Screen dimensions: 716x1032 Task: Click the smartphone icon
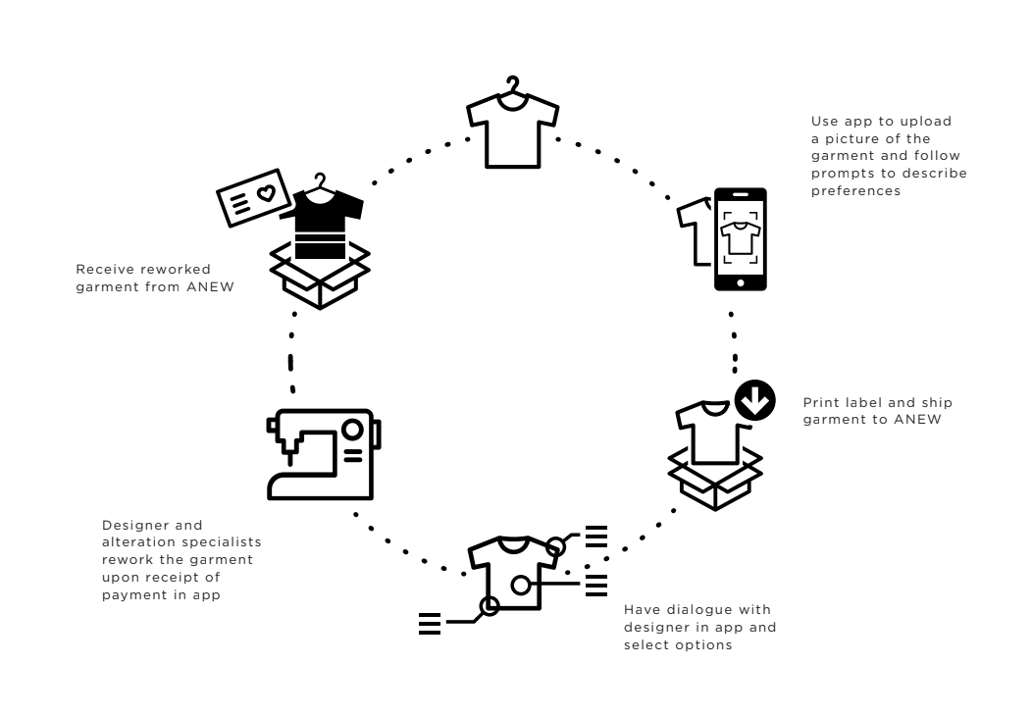pyautogui.click(x=740, y=238)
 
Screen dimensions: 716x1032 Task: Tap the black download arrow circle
pyautogui.click(x=755, y=401)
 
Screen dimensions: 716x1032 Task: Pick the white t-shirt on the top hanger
pyautogui.click(x=512, y=129)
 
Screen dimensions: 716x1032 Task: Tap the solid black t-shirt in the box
pyautogui.click(x=321, y=220)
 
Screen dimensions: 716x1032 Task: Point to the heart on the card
pyautogui.click(x=266, y=193)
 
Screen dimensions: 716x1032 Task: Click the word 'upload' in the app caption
pyautogui.click(x=929, y=122)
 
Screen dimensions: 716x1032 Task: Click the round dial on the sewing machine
pyautogui.click(x=350, y=429)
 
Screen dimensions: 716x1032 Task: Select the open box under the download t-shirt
pyautogui.click(x=715, y=479)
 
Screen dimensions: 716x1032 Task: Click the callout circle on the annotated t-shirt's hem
pyautogui.click(x=488, y=606)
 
